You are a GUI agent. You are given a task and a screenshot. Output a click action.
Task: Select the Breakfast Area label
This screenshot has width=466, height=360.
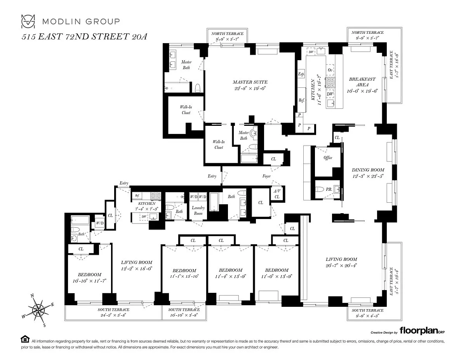362,82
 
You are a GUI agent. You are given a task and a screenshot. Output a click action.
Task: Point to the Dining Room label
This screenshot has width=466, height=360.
368,170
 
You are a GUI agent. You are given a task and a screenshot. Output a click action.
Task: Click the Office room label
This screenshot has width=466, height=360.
328,158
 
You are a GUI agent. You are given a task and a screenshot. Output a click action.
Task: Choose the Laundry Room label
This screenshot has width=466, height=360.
198,210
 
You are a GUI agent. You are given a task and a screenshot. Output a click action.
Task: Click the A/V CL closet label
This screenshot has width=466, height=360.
276,194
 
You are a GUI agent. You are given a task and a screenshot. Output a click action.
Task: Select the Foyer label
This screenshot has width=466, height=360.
266,176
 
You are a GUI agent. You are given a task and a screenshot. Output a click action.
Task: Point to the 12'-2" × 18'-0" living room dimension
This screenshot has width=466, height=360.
136,268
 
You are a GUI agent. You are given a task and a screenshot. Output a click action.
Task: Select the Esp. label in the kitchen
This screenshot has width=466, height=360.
301,74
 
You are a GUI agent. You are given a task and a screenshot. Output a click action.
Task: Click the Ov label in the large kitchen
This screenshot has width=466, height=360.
330,70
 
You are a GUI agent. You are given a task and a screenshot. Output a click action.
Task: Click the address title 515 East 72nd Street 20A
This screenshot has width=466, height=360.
84,37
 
